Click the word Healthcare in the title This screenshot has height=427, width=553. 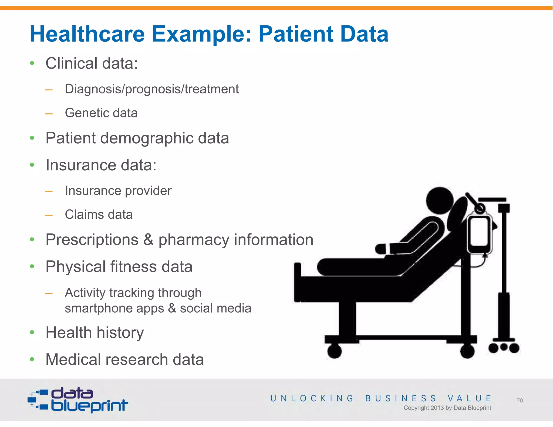coord(87,34)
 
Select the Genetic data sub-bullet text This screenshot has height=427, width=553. coord(101,113)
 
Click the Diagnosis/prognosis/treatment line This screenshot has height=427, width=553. coord(151,89)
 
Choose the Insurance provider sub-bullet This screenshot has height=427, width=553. coord(118,191)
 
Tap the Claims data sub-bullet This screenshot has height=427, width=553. coord(99,215)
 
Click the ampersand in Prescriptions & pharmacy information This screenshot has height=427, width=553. coord(148,240)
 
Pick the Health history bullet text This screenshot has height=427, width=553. coord(95,333)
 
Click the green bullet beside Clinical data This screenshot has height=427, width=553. coord(32,63)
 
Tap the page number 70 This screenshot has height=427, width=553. coord(520,401)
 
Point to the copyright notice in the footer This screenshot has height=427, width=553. coord(447,408)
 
